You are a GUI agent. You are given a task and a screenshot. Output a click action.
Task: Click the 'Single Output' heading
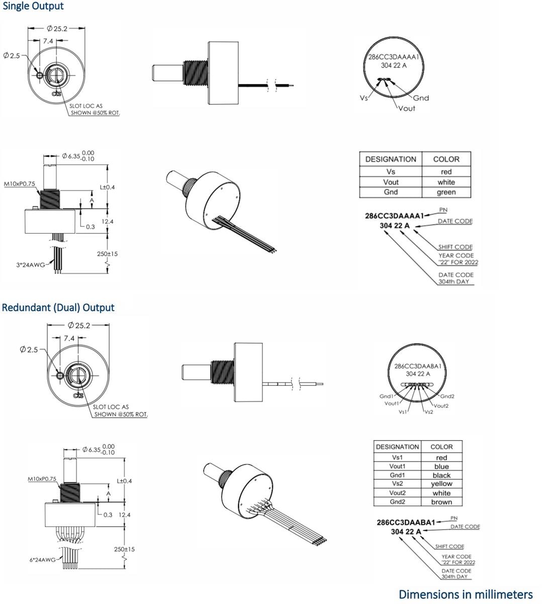[x=33, y=7]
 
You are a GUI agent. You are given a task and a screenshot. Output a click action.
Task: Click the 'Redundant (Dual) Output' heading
[x=58, y=308]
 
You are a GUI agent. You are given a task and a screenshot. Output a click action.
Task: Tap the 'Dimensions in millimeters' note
[x=465, y=594]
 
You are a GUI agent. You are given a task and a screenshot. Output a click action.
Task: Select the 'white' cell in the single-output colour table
[x=446, y=182]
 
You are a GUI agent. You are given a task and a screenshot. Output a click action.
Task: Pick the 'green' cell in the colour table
[x=446, y=192]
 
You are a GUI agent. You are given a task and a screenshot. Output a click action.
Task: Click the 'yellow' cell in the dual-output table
[x=441, y=484]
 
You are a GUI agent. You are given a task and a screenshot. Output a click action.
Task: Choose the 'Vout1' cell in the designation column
[x=397, y=467]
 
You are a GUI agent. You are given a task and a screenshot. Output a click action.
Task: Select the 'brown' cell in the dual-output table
[x=441, y=502]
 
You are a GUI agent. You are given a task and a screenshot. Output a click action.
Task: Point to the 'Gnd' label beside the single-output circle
[x=421, y=98]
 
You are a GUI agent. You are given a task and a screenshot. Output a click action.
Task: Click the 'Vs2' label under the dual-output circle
[x=428, y=412]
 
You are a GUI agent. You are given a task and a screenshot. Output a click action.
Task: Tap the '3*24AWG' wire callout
[x=31, y=264]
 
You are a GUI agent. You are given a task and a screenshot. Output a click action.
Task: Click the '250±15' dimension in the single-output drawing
[x=107, y=254]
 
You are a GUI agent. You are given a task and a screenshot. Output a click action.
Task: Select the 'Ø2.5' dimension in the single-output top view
[x=12, y=55]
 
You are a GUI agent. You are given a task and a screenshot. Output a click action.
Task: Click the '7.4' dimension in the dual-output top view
[x=69, y=338]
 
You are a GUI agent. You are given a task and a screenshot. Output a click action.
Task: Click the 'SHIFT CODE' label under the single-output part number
[x=455, y=247]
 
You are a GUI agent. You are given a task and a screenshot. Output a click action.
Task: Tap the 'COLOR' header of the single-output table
[x=446, y=159]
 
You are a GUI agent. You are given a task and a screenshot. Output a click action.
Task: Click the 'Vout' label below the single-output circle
[x=406, y=108]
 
